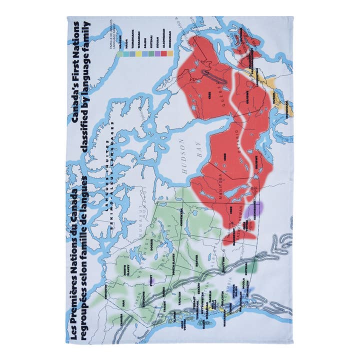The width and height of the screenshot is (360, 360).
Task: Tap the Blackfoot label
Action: click(x=234, y=236)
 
